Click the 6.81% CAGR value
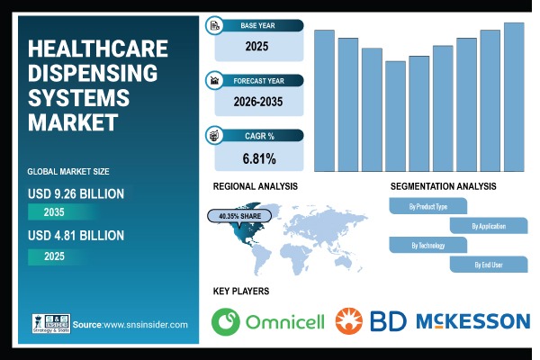pos(259,159)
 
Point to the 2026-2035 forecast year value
pos(259,102)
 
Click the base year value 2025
pos(259,44)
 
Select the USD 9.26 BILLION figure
pos(76,193)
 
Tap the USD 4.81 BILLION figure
pos(76,236)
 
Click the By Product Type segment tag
pos(428,206)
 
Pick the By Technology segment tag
pos(428,245)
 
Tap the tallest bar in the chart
pos(514,96)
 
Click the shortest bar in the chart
pos(395,115)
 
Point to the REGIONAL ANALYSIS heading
pos(255,186)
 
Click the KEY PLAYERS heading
pos(240,292)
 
